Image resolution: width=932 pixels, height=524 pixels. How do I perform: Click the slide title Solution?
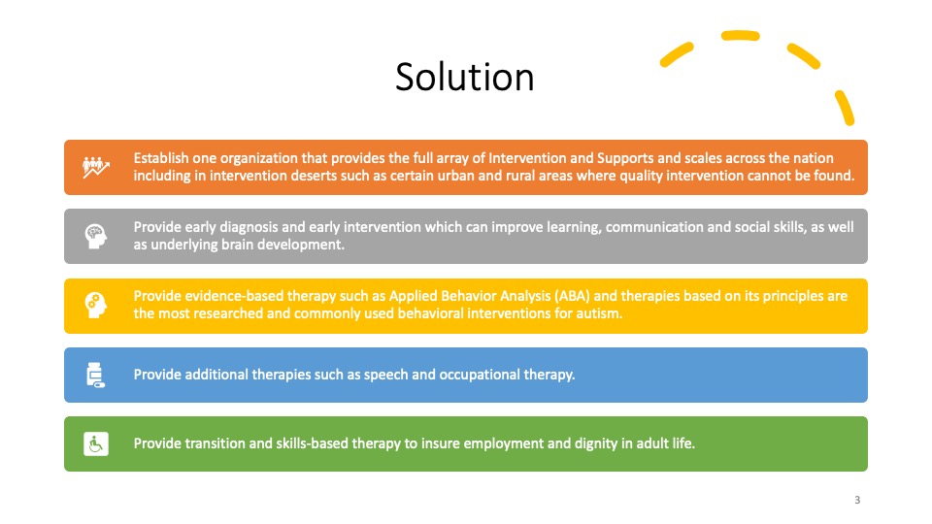465,78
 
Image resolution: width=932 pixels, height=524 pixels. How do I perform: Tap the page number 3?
857,500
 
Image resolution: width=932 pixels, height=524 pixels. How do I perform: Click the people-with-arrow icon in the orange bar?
96,168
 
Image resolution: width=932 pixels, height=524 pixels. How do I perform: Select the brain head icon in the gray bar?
96,236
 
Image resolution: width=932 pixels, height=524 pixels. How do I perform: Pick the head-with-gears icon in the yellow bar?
96,305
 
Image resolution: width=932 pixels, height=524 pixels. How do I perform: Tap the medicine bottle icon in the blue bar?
95,375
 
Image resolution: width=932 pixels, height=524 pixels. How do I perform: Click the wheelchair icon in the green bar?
96,443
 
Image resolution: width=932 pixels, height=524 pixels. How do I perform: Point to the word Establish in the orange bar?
161,158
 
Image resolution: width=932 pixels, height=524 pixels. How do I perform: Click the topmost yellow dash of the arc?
740,36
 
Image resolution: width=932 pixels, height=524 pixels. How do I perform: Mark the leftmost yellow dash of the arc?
677,54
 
